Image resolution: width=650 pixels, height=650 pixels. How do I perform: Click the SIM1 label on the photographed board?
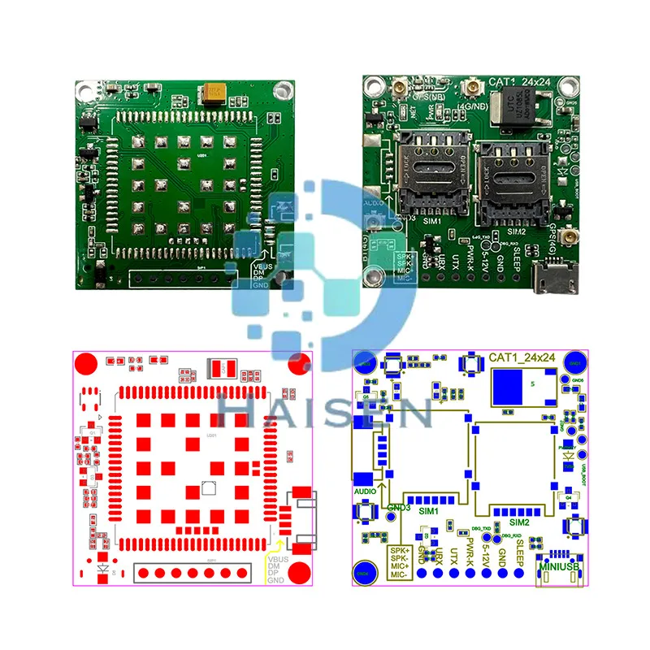click(x=432, y=221)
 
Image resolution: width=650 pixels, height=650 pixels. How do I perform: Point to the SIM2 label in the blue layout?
click(x=520, y=522)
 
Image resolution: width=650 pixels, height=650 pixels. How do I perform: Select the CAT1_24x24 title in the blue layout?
click(x=523, y=357)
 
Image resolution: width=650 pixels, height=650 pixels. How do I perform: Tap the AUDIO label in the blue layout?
click(x=365, y=491)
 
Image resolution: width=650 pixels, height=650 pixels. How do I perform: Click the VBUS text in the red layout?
click(x=277, y=558)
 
